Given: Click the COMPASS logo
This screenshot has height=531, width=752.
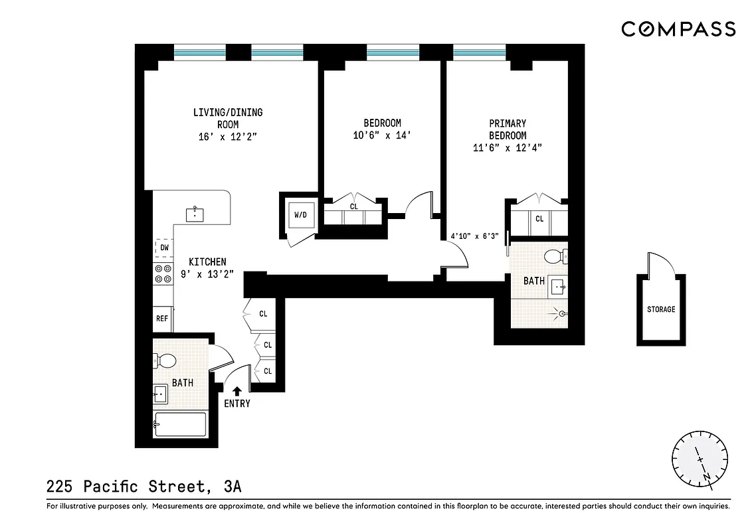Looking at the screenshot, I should coord(678,29).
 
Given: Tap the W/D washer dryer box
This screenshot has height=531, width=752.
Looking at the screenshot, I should coord(300,215).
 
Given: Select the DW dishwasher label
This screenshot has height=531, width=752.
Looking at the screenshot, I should coord(164,248).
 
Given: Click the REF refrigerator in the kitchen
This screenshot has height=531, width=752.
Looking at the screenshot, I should coord(162,319).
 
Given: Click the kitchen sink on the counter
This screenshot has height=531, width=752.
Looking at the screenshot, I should coord(195,214).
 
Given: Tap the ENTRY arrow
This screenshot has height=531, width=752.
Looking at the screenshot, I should coord(237,392).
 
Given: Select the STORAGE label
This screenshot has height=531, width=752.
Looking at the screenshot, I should coord(661,309).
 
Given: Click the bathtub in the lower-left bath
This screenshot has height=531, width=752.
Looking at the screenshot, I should coord(180,423).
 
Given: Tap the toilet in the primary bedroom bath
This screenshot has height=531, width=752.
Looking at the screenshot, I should coord(555,256).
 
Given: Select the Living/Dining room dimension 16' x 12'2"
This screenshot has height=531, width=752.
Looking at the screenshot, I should coord(227,136).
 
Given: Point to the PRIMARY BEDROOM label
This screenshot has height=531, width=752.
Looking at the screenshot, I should coord(508,129).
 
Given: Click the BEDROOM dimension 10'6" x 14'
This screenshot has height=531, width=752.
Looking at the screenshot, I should coord(382,135).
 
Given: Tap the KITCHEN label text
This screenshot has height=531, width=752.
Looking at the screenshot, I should coord(207,262).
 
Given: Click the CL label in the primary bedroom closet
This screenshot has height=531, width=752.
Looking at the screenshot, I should coord(539,218).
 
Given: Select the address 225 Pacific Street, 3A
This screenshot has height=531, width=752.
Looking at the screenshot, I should coord(144,487).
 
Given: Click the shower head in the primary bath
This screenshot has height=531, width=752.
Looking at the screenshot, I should coord(562,313).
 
